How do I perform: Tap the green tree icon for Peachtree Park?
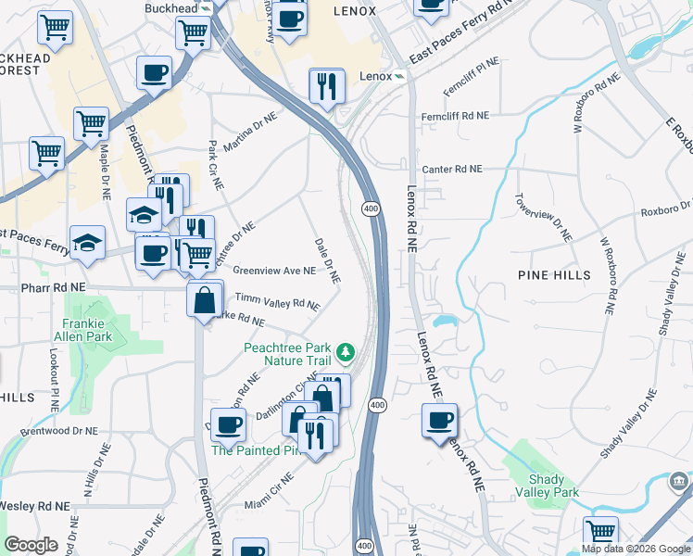click(346, 352)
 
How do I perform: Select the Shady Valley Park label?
click(553, 486)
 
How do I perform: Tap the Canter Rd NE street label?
click(452, 170)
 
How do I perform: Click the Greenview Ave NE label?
click(274, 272)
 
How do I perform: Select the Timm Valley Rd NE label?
click(277, 301)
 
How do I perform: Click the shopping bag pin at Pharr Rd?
click(204, 300)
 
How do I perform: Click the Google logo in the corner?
click(31, 545)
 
